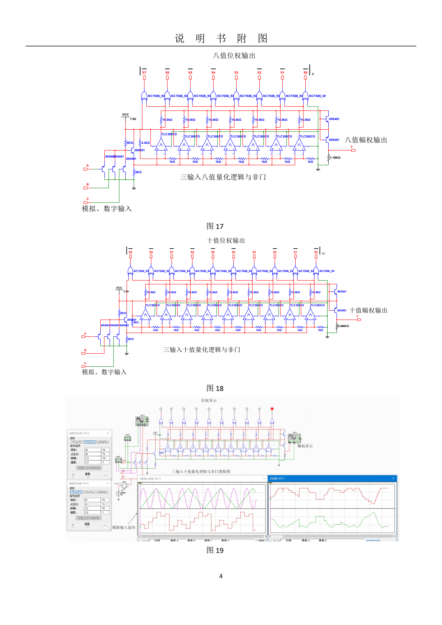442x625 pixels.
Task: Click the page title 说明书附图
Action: (x=221, y=38)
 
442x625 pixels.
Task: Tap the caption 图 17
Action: (x=215, y=226)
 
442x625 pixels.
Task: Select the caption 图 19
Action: (x=215, y=550)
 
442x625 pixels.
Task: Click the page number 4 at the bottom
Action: (x=221, y=576)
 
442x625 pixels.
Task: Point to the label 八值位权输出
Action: (x=234, y=56)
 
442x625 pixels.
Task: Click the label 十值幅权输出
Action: (x=368, y=310)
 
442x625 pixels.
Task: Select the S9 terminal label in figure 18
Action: (x=130, y=252)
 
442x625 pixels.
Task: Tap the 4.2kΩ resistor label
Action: (x=145, y=143)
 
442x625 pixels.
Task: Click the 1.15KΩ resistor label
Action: (x=335, y=158)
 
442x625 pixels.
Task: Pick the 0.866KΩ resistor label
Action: (x=343, y=326)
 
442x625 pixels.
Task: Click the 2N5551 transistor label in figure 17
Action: (x=139, y=150)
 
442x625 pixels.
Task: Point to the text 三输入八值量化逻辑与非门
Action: (x=223, y=177)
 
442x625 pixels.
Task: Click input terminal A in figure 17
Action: (x=86, y=169)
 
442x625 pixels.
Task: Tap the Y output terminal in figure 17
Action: (x=353, y=150)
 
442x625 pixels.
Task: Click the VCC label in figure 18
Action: (x=119, y=288)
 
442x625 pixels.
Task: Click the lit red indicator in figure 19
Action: (x=272, y=409)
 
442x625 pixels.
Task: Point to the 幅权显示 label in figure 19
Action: (x=305, y=446)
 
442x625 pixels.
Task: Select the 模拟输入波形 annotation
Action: (x=124, y=527)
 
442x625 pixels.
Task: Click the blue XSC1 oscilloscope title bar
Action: (x=332, y=479)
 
